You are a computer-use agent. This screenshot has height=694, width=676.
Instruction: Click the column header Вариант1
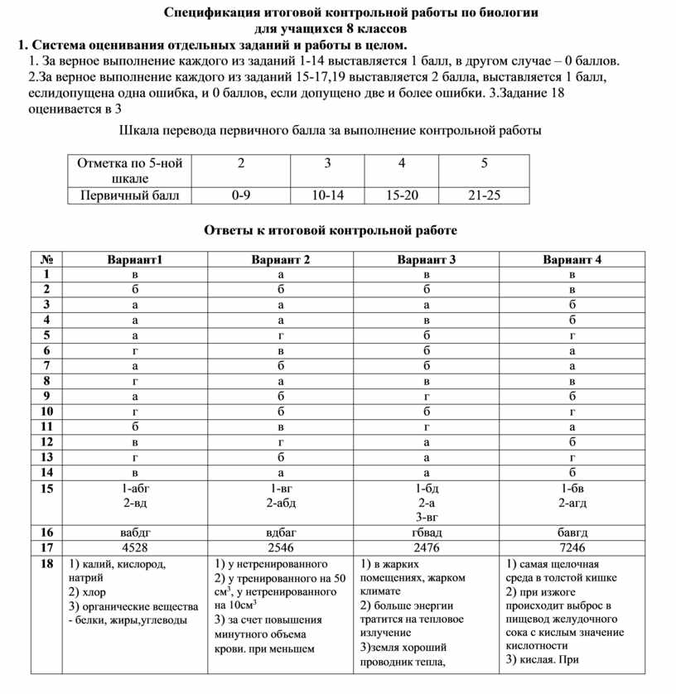[x=135, y=259]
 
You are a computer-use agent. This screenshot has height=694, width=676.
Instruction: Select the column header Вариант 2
[x=281, y=259]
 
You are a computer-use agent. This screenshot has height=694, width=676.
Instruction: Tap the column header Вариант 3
[x=427, y=259]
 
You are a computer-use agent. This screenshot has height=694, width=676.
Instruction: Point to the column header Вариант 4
[x=572, y=259]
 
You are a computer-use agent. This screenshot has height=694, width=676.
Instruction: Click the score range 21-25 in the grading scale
[x=484, y=196]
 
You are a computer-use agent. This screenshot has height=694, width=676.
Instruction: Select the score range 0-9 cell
[x=241, y=196]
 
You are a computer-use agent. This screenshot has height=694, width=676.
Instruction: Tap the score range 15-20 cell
[x=402, y=196]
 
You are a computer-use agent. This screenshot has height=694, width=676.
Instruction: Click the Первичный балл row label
[x=128, y=196]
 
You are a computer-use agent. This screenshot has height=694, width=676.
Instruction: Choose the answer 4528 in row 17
[x=135, y=547]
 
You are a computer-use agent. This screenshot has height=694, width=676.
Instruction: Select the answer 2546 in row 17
[x=281, y=547]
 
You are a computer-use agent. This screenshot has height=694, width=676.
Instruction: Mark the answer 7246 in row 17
[x=572, y=547]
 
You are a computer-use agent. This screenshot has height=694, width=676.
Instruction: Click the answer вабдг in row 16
[x=135, y=533]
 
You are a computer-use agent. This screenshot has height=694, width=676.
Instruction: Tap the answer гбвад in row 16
[x=427, y=533]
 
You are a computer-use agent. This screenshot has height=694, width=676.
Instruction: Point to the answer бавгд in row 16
[x=572, y=533]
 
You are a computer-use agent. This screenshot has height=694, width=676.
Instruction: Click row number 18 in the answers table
[x=46, y=563]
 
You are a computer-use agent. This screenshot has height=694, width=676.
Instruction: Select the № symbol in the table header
[x=46, y=259]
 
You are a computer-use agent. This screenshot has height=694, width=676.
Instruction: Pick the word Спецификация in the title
[x=212, y=13]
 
